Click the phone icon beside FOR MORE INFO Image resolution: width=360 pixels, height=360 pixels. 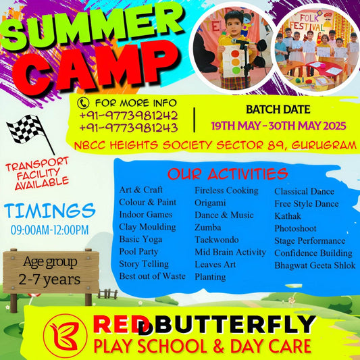tap(84, 103)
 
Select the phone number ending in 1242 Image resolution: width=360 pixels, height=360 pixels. tap(128, 115)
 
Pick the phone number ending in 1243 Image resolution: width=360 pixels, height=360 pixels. tap(128, 128)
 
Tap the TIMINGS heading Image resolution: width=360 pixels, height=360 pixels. tap(49, 210)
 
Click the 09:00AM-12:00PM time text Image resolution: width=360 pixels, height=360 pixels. tap(49, 230)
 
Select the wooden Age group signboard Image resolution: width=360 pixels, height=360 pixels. tap(48, 271)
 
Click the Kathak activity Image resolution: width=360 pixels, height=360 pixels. tap(287, 215)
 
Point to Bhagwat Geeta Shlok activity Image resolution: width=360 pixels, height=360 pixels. tap(315, 265)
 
